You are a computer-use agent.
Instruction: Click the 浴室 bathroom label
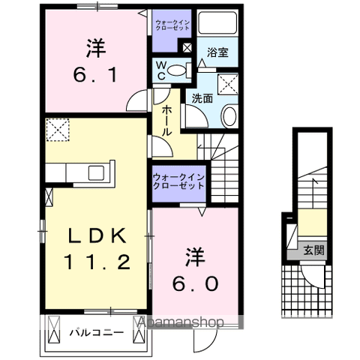point(218,53)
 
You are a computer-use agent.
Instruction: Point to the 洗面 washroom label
point(201,97)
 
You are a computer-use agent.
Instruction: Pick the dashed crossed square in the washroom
point(227,81)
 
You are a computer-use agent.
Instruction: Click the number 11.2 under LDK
point(99,262)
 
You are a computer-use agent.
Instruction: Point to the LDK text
point(97,235)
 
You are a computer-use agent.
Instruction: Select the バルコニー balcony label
point(95,331)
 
